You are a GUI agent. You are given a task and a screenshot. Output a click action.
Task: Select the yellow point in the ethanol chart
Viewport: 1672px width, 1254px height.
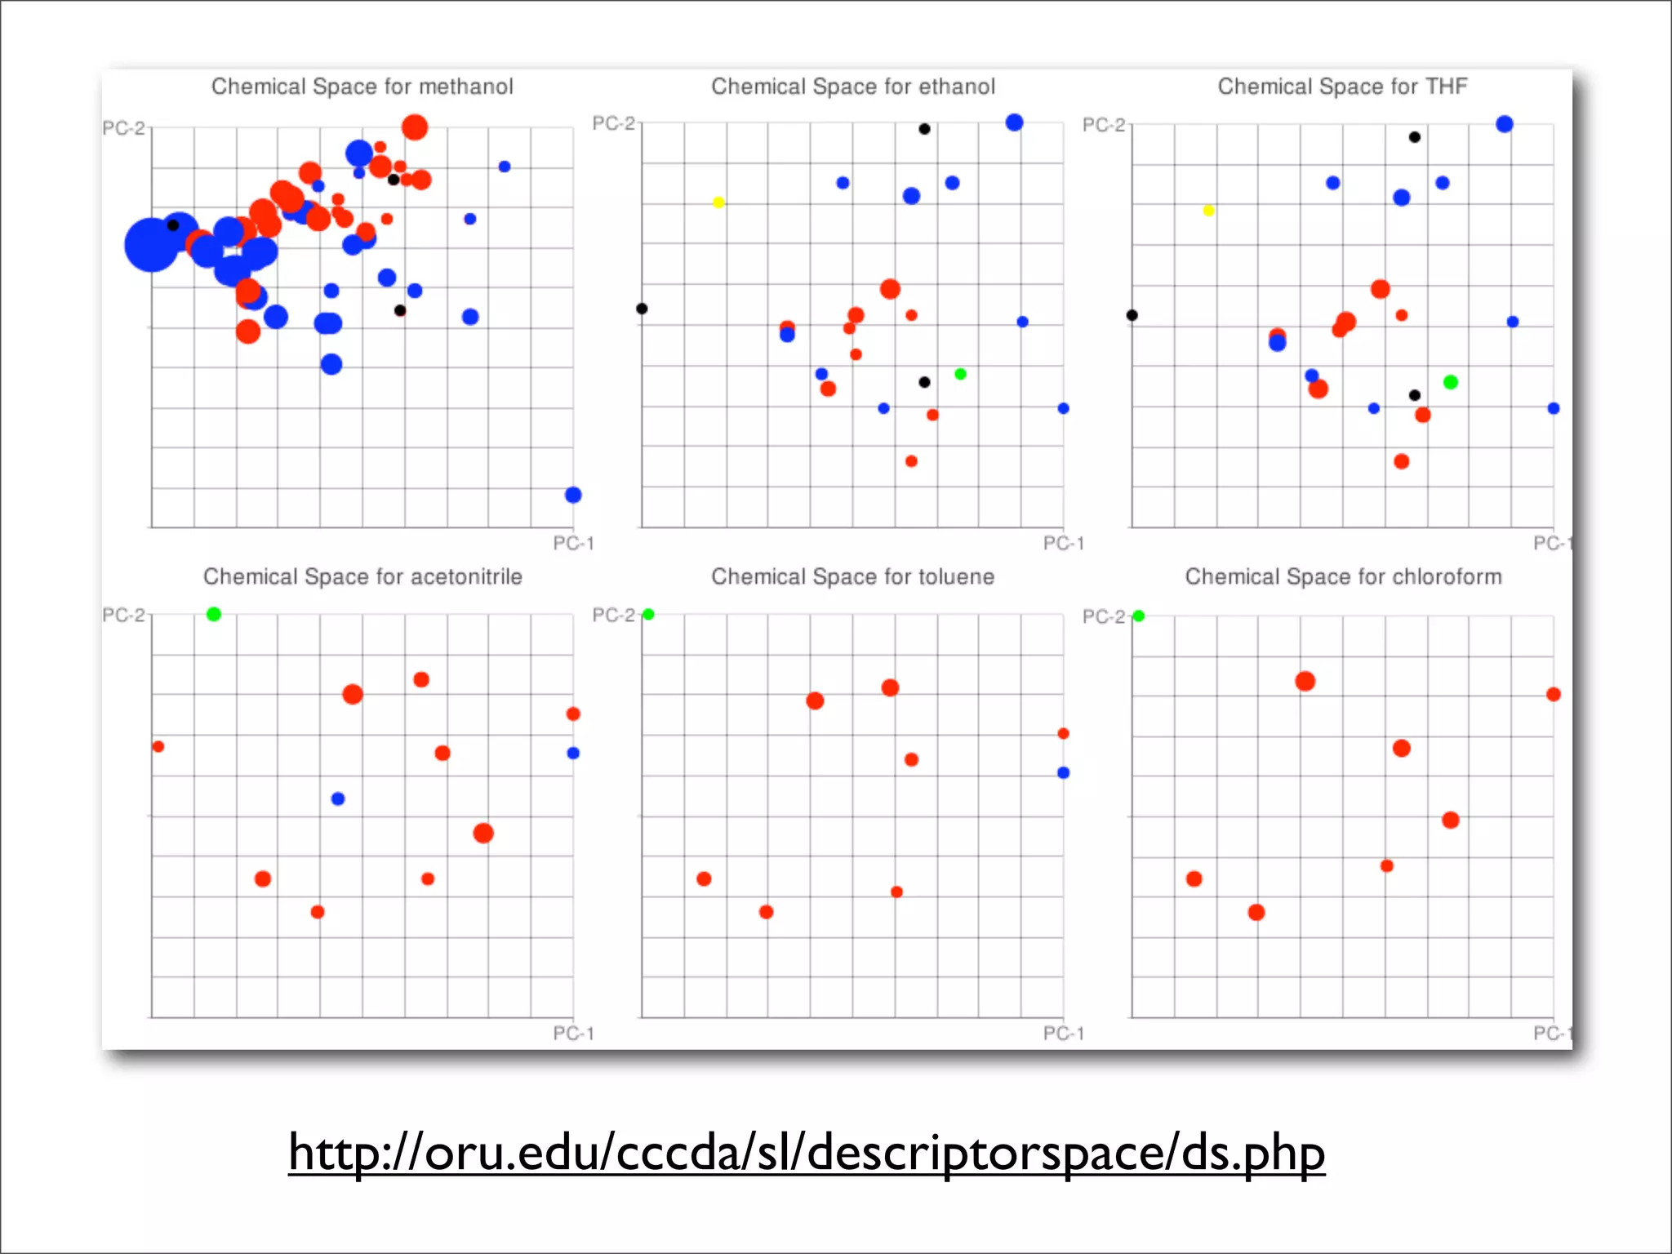(718, 202)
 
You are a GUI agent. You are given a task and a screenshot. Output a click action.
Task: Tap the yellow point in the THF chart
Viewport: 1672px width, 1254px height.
(1209, 211)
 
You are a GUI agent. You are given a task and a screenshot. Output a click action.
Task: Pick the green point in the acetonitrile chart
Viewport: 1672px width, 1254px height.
(214, 614)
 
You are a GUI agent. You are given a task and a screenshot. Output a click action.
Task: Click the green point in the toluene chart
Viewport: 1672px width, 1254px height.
(648, 614)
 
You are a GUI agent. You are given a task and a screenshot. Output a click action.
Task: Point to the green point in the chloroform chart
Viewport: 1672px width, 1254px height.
(1139, 616)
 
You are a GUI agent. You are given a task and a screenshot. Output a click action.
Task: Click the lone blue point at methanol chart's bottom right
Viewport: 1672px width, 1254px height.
(573, 495)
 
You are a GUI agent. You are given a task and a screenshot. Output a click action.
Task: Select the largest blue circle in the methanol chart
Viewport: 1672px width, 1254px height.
(151, 244)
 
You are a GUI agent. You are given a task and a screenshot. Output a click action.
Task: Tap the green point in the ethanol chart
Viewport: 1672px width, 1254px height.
(961, 374)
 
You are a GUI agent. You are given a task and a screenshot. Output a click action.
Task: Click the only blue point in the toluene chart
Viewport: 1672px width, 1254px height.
(1063, 772)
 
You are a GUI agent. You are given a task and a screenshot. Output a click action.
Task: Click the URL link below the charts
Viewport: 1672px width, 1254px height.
(807, 1153)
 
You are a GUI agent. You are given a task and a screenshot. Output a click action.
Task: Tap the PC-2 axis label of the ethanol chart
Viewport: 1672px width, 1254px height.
(613, 124)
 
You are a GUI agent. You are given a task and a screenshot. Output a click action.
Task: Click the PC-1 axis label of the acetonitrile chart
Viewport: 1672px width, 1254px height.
(573, 1034)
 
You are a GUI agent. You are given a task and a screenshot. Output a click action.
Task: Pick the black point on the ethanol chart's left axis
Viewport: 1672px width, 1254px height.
(642, 309)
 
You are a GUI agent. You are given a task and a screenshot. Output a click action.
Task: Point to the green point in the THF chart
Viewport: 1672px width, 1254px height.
(1451, 382)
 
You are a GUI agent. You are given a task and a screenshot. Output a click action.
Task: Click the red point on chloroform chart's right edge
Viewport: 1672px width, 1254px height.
(1554, 695)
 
